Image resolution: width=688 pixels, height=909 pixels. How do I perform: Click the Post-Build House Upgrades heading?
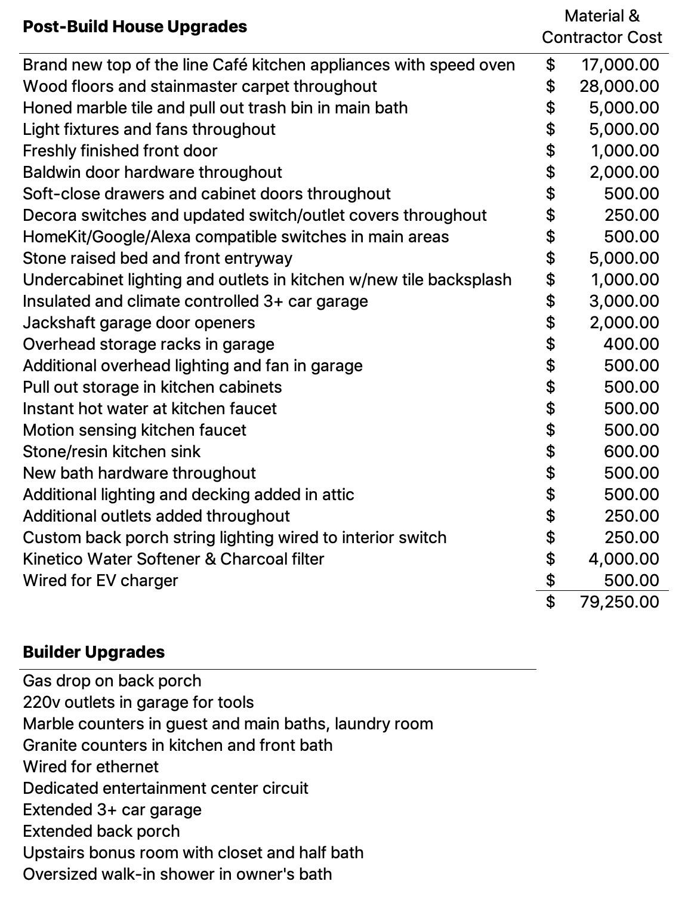coord(134,27)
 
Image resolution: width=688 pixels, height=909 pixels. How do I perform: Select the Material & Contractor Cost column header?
coord(601,27)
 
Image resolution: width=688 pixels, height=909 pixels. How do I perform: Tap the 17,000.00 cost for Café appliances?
coord(620,65)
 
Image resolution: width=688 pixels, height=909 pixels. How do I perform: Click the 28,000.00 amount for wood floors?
coord(619,87)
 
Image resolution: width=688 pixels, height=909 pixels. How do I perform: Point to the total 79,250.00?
coord(619,602)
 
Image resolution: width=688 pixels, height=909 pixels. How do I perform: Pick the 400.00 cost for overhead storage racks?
coord(631,344)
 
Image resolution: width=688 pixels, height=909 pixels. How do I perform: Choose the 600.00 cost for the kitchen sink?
coord(631,452)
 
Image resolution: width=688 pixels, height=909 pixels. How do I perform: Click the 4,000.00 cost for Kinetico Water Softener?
coord(624,559)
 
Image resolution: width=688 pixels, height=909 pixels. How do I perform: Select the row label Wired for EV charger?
coord(100,581)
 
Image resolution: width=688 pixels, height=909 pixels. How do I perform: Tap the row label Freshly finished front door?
coord(120,151)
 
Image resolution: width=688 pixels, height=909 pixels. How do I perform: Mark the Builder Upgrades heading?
coord(94,652)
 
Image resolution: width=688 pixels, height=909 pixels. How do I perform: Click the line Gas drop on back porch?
coord(112,681)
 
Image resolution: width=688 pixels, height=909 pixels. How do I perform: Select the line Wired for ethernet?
coord(91,767)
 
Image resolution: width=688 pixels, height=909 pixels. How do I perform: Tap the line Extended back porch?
coord(101,831)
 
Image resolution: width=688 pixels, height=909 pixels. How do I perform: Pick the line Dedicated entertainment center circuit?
coord(165,788)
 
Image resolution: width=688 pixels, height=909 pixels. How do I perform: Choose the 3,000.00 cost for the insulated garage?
coord(624,301)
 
